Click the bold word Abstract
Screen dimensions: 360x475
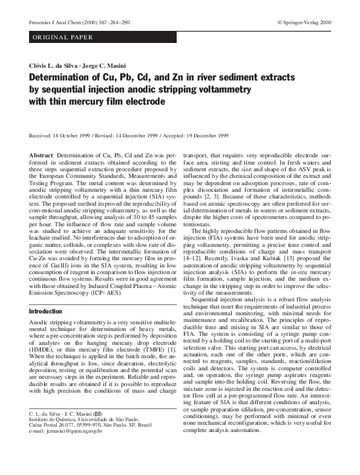tap(41, 156)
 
